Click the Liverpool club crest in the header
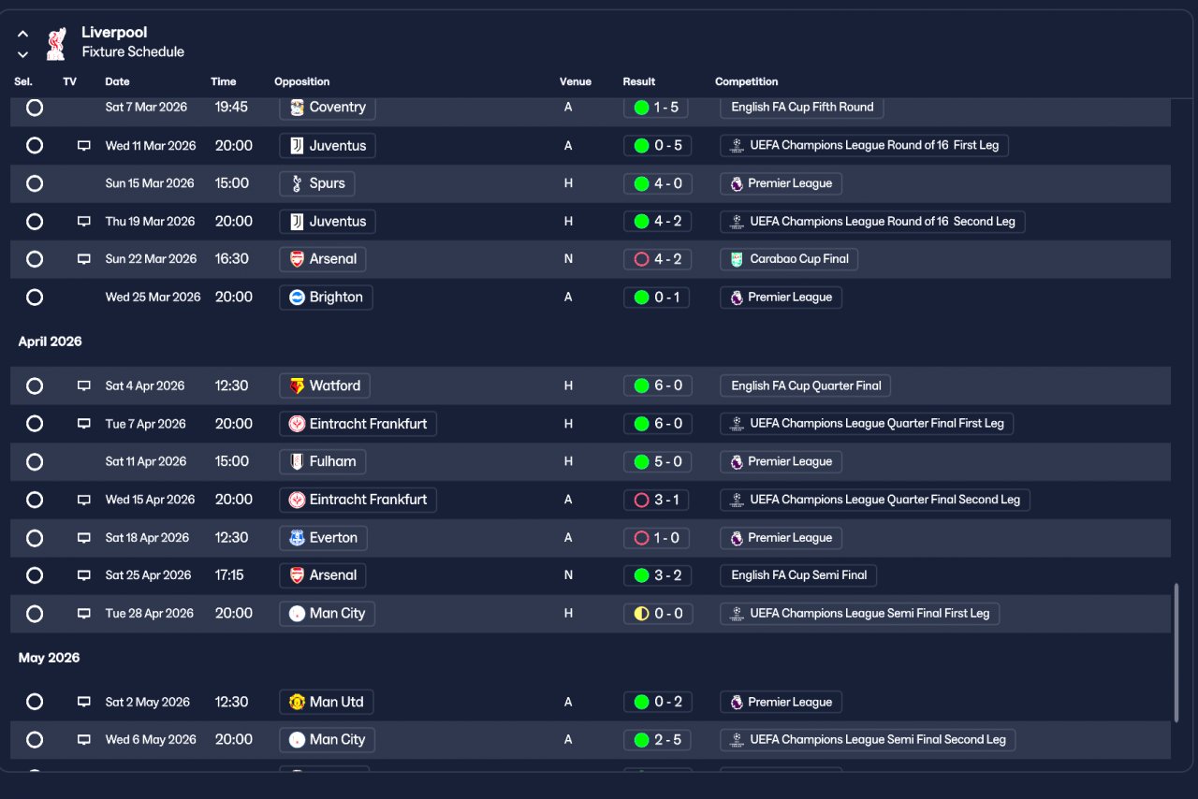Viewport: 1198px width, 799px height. coord(56,43)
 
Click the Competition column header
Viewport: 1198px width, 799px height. coord(746,81)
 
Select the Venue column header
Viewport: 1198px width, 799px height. coord(576,81)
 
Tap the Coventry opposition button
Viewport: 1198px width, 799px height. coord(328,108)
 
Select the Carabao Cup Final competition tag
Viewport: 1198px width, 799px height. coord(789,259)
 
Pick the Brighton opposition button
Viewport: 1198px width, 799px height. coord(326,298)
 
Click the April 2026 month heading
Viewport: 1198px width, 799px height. coord(51,341)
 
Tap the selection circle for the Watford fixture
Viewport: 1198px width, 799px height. coord(35,385)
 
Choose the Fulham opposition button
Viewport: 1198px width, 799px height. coord(323,461)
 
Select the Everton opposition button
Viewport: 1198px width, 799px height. coord(323,538)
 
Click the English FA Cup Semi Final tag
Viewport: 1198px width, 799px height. coord(798,575)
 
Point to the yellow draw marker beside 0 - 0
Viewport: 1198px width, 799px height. coord(641,614)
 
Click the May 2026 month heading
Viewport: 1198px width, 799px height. coord(50,658)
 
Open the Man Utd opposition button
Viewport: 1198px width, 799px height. coord(327,703)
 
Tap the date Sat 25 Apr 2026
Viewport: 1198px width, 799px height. coord(148,575)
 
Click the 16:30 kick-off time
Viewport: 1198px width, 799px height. coord(231,259)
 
